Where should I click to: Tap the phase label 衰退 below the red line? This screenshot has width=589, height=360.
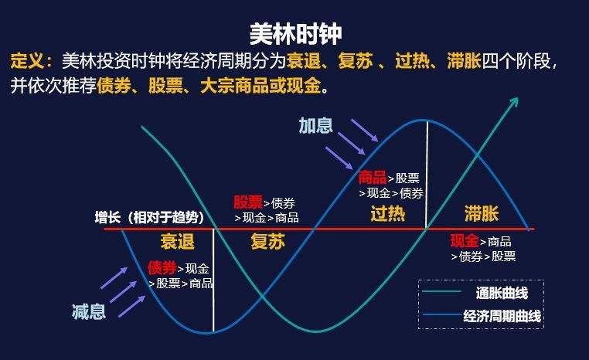177,241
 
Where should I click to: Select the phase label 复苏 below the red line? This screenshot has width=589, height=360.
267,242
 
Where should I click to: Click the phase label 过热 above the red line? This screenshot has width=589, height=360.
387,213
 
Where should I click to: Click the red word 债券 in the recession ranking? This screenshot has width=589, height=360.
162,268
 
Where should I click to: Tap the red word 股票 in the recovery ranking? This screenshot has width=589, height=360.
248,202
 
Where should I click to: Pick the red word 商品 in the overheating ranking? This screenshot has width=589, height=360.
373,178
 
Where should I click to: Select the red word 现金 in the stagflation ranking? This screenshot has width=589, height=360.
465,241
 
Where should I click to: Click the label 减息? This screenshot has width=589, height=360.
88,313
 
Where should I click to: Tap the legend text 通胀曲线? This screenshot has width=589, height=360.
501,293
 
